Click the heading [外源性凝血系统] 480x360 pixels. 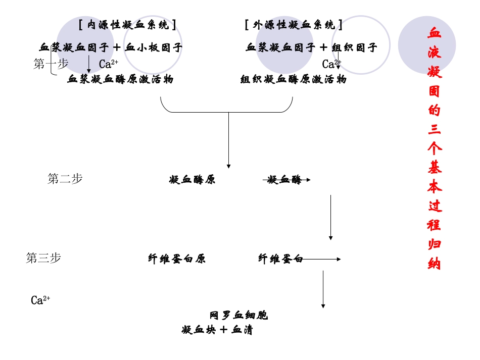pos(294,25)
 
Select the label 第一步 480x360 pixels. pos(51,64)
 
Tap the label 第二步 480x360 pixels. pos(65,179)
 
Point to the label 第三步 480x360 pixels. pos(43,258)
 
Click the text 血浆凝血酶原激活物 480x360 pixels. pos(120,79)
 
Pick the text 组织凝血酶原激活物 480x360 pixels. pos(293,79)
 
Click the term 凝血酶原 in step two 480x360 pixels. pos(192,180)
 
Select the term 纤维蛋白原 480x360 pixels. pos(177,259)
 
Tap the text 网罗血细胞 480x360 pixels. pos(238,316)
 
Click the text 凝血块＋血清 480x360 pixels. pos(217,330)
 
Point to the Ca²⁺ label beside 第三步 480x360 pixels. pos(40,301)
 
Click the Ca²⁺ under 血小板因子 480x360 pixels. pos(108,64)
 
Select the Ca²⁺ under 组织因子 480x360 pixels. pos(331,64)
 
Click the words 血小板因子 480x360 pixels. pos(154,48)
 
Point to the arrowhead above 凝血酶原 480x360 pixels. pos(228,166)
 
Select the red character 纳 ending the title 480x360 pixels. pos(434,264)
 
